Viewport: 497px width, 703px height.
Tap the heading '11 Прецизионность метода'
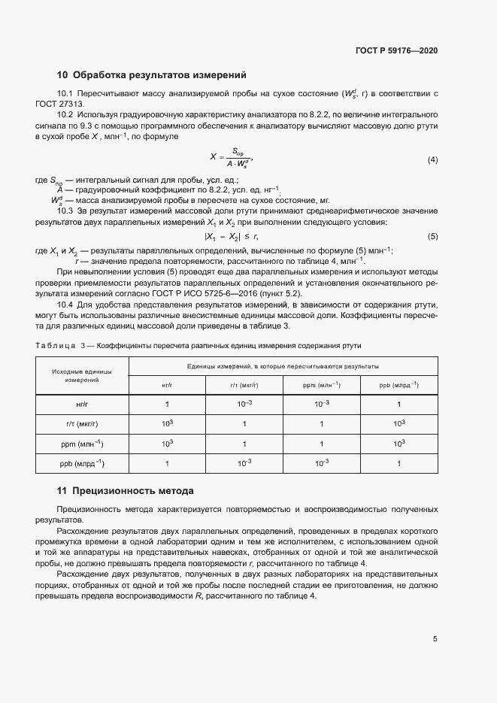[x=126, y=491]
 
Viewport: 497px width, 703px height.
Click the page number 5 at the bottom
[x=435, y=639]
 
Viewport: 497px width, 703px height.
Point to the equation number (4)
[x=432, y=160]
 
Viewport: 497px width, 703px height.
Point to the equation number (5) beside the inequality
[x=432, y=237]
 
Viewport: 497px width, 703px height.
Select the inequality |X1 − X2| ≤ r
[x=236, y=237]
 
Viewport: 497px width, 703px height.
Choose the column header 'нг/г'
[x=167, y=385]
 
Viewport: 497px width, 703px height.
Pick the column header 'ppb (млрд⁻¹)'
[x=399, y=385]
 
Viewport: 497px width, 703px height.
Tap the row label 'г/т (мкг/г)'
[x=83, y=424]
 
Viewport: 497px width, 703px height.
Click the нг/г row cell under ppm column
[x=322, y=405]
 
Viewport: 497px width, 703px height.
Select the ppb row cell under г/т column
[x=244, y=463]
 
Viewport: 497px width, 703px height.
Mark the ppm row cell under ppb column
[x=399, y=444]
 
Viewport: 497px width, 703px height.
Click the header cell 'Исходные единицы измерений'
[x=82, y=376]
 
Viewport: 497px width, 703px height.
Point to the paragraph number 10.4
[x=65, y=304]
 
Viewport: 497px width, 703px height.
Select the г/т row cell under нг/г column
[x=167, y=424]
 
